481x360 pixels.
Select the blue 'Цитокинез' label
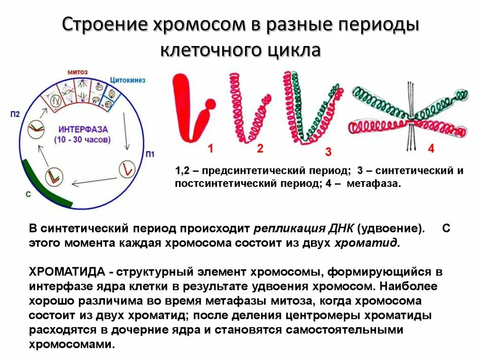(x=128, y=80)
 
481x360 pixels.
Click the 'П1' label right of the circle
(x=150, y=154)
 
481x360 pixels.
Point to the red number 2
(x=260, y=149)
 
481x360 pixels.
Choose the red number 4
(x=431, y=149)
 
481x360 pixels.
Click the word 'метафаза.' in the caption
(x=374, y=184)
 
